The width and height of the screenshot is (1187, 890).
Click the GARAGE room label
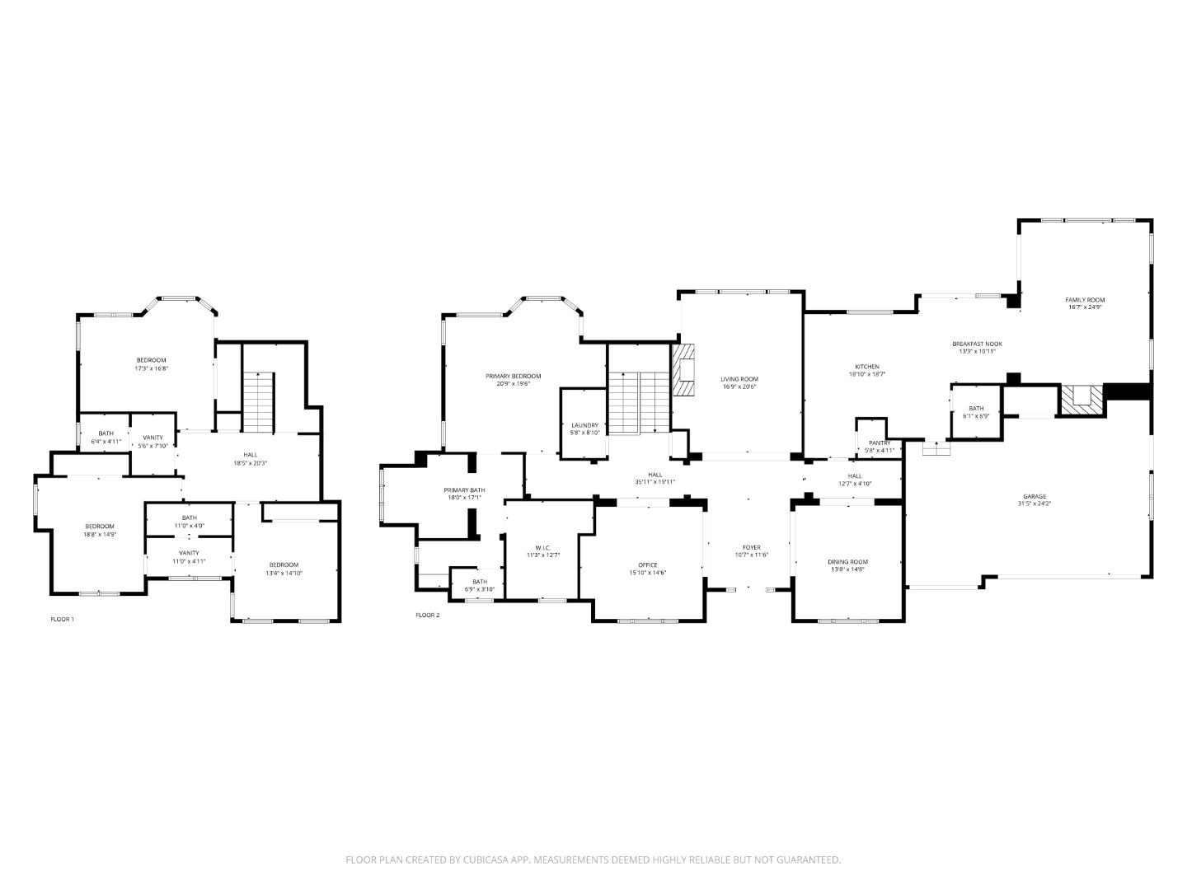coord(1035,496)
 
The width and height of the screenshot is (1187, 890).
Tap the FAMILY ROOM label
coord(1084,300)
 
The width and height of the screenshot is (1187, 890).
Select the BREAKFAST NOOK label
coord(977,344)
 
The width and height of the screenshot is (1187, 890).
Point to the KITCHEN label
coord(866,367)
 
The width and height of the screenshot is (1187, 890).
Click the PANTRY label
coord(879,443)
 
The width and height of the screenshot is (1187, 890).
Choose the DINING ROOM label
coord(847,562)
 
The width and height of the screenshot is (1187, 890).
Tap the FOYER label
coord(751,547)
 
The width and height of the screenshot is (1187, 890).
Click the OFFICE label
coord(648,564)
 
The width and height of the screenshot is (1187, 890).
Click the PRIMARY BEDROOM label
coord(513,376)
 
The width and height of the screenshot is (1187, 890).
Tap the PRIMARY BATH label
coord(464,490)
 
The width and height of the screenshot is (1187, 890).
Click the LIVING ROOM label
coord(739,379)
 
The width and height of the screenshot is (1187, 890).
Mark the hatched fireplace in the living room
coord(683,369)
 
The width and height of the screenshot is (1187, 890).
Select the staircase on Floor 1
coord(257,401)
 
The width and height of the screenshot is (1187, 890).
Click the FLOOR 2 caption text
coord(427,615)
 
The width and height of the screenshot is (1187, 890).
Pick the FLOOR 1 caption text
coord(62,618)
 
